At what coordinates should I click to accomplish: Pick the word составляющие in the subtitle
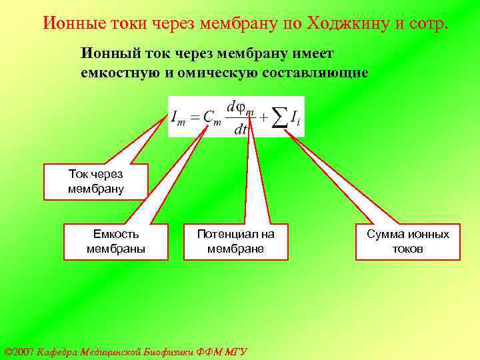(312, 71)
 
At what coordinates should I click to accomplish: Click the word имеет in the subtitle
(314, 53)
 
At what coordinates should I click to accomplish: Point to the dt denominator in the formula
(240, 129)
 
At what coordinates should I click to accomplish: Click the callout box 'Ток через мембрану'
(96, 181)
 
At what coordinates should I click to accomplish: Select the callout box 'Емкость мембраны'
(116, 241)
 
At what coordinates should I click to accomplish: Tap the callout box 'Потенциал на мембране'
(235, 241)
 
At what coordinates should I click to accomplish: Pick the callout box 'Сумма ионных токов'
(408, 241)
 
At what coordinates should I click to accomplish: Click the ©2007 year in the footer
(19, 351)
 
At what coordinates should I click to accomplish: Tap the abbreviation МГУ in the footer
(236, 351)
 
